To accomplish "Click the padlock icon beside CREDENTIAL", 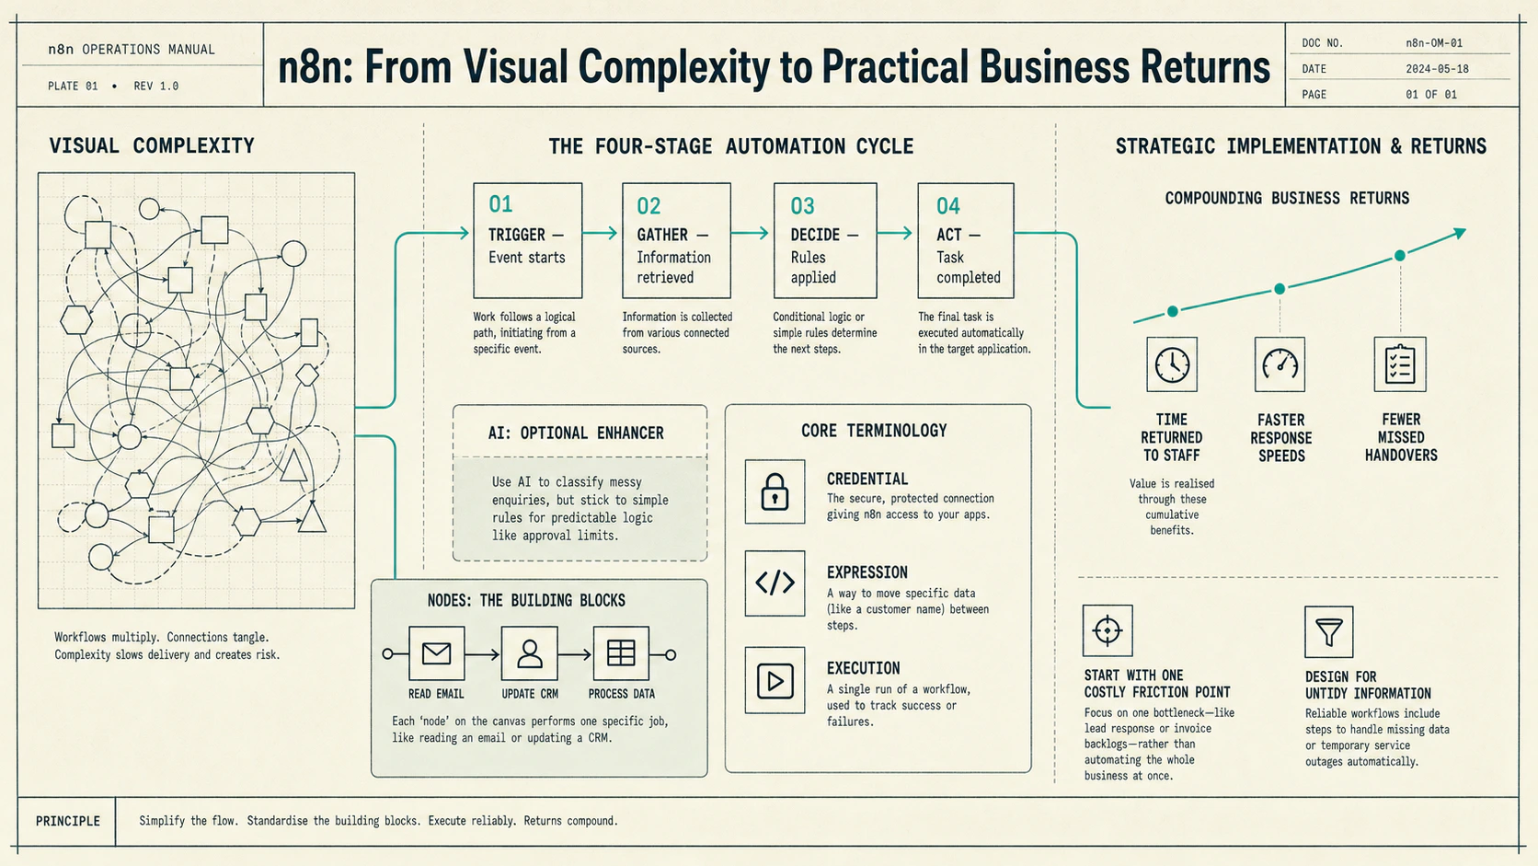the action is click(x=775, y=491).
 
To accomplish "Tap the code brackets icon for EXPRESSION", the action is click(x=775, y=583).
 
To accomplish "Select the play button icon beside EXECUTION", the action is click(x=775, y=681).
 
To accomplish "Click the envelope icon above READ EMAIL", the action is click(x=436, y=653).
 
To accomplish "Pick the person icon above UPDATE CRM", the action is click(x=529, y=653).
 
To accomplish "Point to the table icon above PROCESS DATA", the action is click(x=621, y=653).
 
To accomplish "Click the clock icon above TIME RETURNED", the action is click(x=1172, y=364).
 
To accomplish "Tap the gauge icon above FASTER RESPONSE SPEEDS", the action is click(x=1280, y=364).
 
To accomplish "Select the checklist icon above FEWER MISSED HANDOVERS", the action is click(x=1400, y=364).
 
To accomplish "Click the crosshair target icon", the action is click(x=1108, y=630).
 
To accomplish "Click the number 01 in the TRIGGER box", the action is click(x=500, y=204).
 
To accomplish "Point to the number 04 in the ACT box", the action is click(x=948, y=206).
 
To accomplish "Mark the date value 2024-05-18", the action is click(x=1437, y=69).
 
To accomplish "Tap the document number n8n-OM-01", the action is click(x=1434, y=42).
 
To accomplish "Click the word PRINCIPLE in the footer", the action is click(x=68, y=821).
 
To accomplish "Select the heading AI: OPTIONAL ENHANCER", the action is click(x=576, y=433).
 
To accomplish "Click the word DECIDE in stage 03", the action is click(x=815, y=235).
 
